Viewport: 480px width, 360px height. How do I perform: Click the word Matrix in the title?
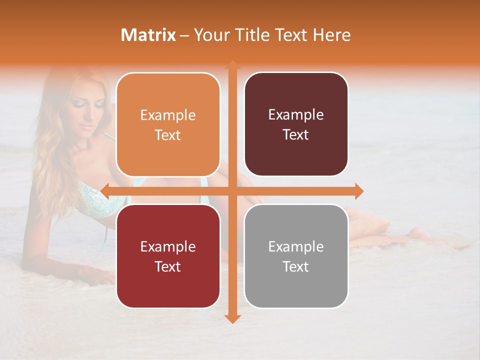click(148, 35)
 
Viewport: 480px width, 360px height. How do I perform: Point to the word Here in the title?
click(332, 35)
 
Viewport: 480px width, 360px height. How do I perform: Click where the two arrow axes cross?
click(232, 191)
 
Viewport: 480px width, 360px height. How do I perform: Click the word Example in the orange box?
click(168, 115)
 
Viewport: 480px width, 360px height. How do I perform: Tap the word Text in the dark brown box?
click(296, 135)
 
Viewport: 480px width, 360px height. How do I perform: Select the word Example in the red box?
click(168, 246)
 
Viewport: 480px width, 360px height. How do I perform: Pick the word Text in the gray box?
click(296, 266)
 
